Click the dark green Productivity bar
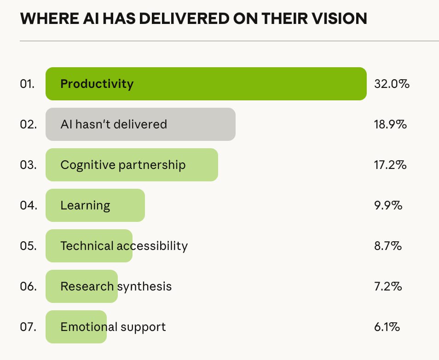tap(206, 84)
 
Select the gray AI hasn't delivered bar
tap(140, 124)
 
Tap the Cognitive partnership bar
tap(132, 165)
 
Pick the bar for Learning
tap(95, 205)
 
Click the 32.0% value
tap(392, 84)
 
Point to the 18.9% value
tap(390, 124)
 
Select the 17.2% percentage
tap(390, 165)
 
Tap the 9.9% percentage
tap(388, 205)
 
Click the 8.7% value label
tap(388, 246)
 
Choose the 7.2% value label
tap(388, 286)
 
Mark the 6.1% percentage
tap(387, 327)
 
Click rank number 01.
tap(28, 84)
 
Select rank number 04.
tap(28, 205)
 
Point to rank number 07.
tap(28, 327)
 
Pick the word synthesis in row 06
tap(144, 286)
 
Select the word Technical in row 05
tap(87, 246)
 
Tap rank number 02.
tap(28, 124)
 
